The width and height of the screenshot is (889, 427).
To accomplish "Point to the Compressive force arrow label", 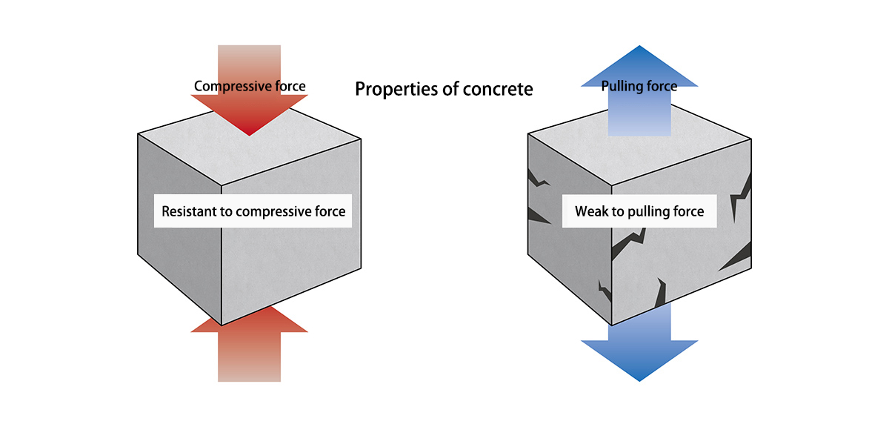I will (x=250, y=86).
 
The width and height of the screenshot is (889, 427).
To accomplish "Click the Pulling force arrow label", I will (x=639, y=86).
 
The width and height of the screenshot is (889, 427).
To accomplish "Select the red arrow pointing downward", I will (x=250, y=111).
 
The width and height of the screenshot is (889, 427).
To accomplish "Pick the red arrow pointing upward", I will (x=250, y=348).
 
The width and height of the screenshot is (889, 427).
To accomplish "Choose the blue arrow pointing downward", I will (x=639, y=348).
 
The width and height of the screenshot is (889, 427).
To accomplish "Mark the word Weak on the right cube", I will (x=591, y=212).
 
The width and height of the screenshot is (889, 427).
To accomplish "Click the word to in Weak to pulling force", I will (x=618, y=212).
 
